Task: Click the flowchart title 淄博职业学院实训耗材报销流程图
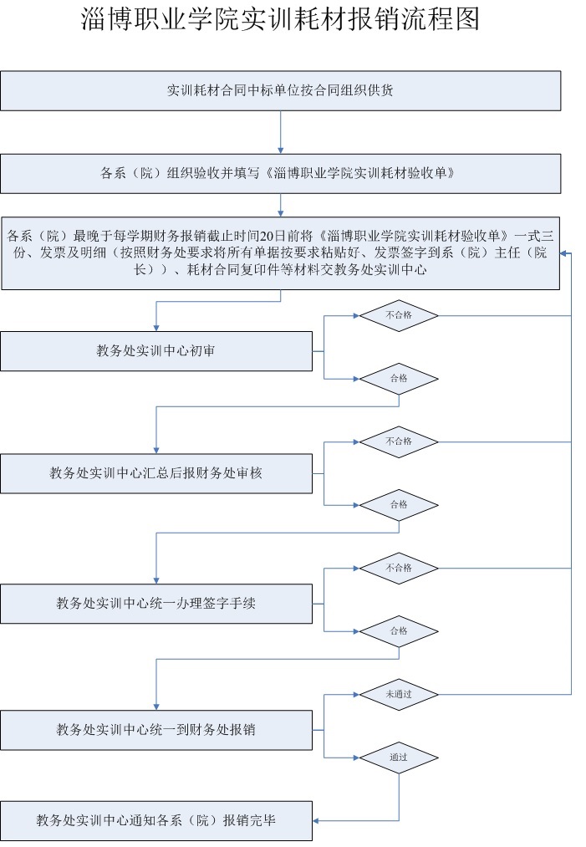point(280,19)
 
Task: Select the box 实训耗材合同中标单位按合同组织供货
point(280,91)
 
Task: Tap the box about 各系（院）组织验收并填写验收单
point(280,173)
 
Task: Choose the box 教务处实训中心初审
point(156,351)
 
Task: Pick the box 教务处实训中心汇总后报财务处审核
point(156,474)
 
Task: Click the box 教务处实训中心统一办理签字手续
point(156,604)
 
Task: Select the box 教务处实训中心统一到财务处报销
point(156,730)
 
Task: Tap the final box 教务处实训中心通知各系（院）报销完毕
point(156,820)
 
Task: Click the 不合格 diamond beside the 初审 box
point(399,315)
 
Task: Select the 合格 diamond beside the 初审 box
point(399,379)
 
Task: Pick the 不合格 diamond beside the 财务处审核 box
point(399,441)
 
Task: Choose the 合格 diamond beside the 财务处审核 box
point(399,505)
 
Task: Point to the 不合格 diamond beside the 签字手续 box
point(399,569)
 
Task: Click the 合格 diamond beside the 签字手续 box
point(399,631)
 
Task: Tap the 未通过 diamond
point(399,695)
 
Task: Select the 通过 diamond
point(399,758)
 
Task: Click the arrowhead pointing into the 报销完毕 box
point(316,821)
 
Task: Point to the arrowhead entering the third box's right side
point(563,253)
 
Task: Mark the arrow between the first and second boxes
point(280,132)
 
